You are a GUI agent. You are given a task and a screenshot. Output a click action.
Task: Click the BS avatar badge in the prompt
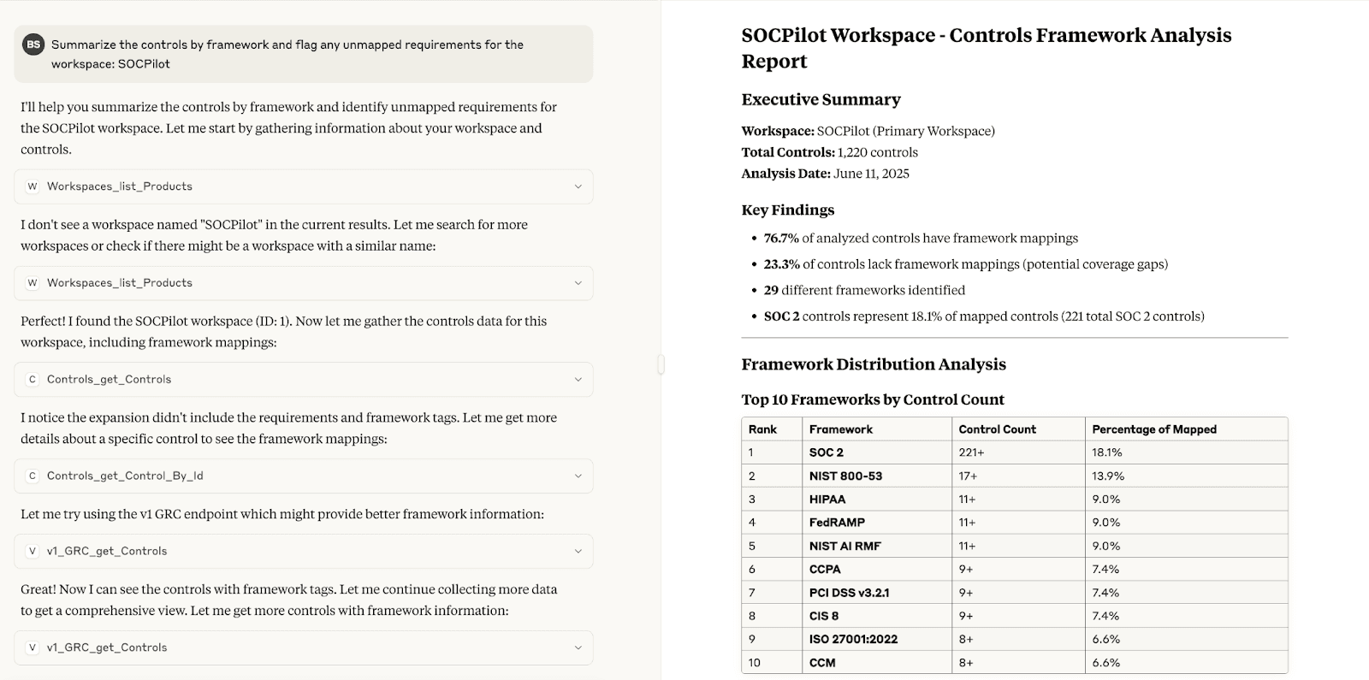pos(33,44)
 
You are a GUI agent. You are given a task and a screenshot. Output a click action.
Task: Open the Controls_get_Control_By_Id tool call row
pos(303,476)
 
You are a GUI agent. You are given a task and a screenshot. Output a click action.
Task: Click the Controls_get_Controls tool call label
pos(109,379)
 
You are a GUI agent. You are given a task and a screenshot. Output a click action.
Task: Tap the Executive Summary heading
pos(821,99)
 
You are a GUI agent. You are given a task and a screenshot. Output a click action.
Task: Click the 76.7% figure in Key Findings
pos(780,239)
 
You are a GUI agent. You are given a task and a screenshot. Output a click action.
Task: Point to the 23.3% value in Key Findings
pos(781,264)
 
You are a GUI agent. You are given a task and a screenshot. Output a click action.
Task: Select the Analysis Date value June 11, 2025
pos(871,174)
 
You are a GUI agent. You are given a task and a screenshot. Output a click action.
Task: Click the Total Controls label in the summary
pos(787,152)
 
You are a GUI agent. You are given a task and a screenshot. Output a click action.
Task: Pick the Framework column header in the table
pos(840,429)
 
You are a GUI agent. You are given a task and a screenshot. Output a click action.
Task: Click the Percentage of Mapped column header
pos(1153,429)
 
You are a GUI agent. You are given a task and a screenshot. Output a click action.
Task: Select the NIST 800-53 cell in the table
pos(845,476)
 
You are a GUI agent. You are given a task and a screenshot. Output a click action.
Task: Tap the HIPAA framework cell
pos(827,500)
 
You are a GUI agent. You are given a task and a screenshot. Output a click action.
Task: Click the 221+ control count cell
pos(971,452)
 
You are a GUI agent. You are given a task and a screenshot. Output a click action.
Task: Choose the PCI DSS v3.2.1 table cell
pos(849,593)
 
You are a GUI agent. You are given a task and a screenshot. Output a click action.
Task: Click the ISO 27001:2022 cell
pos(853,639)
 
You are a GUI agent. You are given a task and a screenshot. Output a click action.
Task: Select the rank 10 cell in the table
pos(755,663)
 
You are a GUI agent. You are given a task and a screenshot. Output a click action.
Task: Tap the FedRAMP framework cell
pos(837,523)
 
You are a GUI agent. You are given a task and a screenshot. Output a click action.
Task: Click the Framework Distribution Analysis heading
pos(873,364)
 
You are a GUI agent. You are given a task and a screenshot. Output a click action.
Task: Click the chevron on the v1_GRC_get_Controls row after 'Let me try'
pos(578,551)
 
